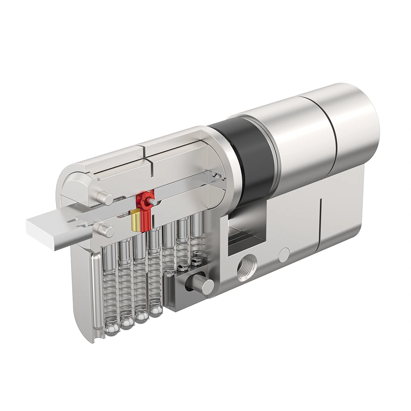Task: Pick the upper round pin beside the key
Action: click(x=105, y=199)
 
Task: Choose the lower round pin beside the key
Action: click(x=106, y=231)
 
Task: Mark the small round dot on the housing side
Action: click(x=284, y=255)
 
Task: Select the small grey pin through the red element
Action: click(x=153, y=201)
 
